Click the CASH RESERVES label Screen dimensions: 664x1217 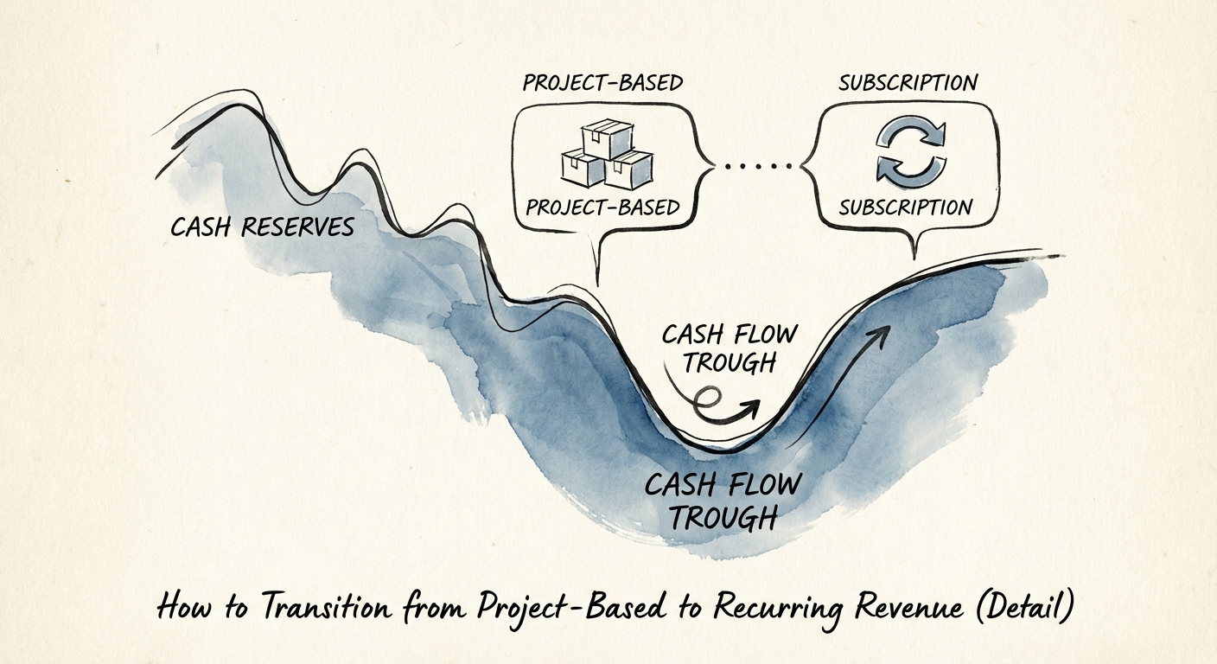(262, 227)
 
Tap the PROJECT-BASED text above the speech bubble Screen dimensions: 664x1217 (602, 83)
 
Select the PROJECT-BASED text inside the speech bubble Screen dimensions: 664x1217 (602, 208)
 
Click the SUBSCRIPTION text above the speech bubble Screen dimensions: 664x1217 (908, 83)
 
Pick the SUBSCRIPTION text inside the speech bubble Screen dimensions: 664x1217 (906, 208)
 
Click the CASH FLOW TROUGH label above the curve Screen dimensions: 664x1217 (729, 348)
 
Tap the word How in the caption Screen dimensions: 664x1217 (181, 607)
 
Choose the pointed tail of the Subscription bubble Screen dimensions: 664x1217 (914, 251)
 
